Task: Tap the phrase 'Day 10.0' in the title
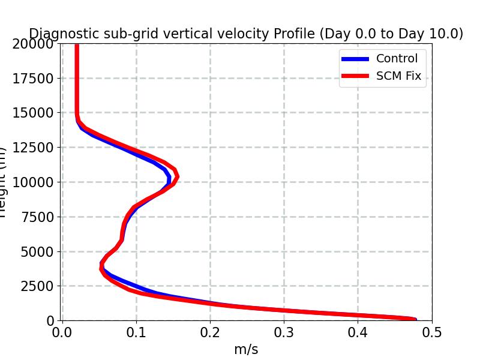point(433,34)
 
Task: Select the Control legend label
point(397,58)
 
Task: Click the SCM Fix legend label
point(398,76)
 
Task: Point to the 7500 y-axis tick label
point(37,217)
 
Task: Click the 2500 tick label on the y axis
point(37,286)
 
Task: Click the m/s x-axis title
point(246,349)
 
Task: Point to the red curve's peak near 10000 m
point(176,176)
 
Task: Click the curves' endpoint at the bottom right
point(414,320)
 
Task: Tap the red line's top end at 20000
point(77,45)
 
